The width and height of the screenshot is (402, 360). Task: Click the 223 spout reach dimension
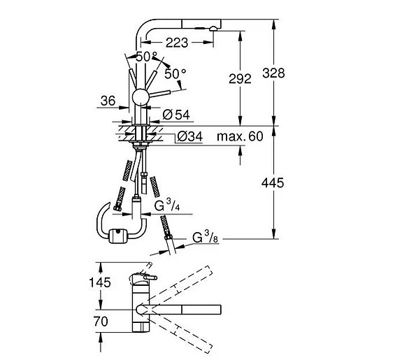tap(177, 43)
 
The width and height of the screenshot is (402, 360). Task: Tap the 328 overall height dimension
tap(273, 73)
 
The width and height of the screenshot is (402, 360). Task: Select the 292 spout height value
tap(240, 79)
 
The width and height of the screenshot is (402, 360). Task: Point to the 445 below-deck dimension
tap(273, 183)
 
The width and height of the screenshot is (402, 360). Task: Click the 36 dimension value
tap(108, 101)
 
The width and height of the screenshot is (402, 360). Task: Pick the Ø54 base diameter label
tap(176, 115)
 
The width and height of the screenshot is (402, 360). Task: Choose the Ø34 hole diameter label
tap(190, 137)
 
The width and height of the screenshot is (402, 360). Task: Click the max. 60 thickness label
tap(240, 136)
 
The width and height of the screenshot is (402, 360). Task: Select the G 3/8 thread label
tap(205, 237)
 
